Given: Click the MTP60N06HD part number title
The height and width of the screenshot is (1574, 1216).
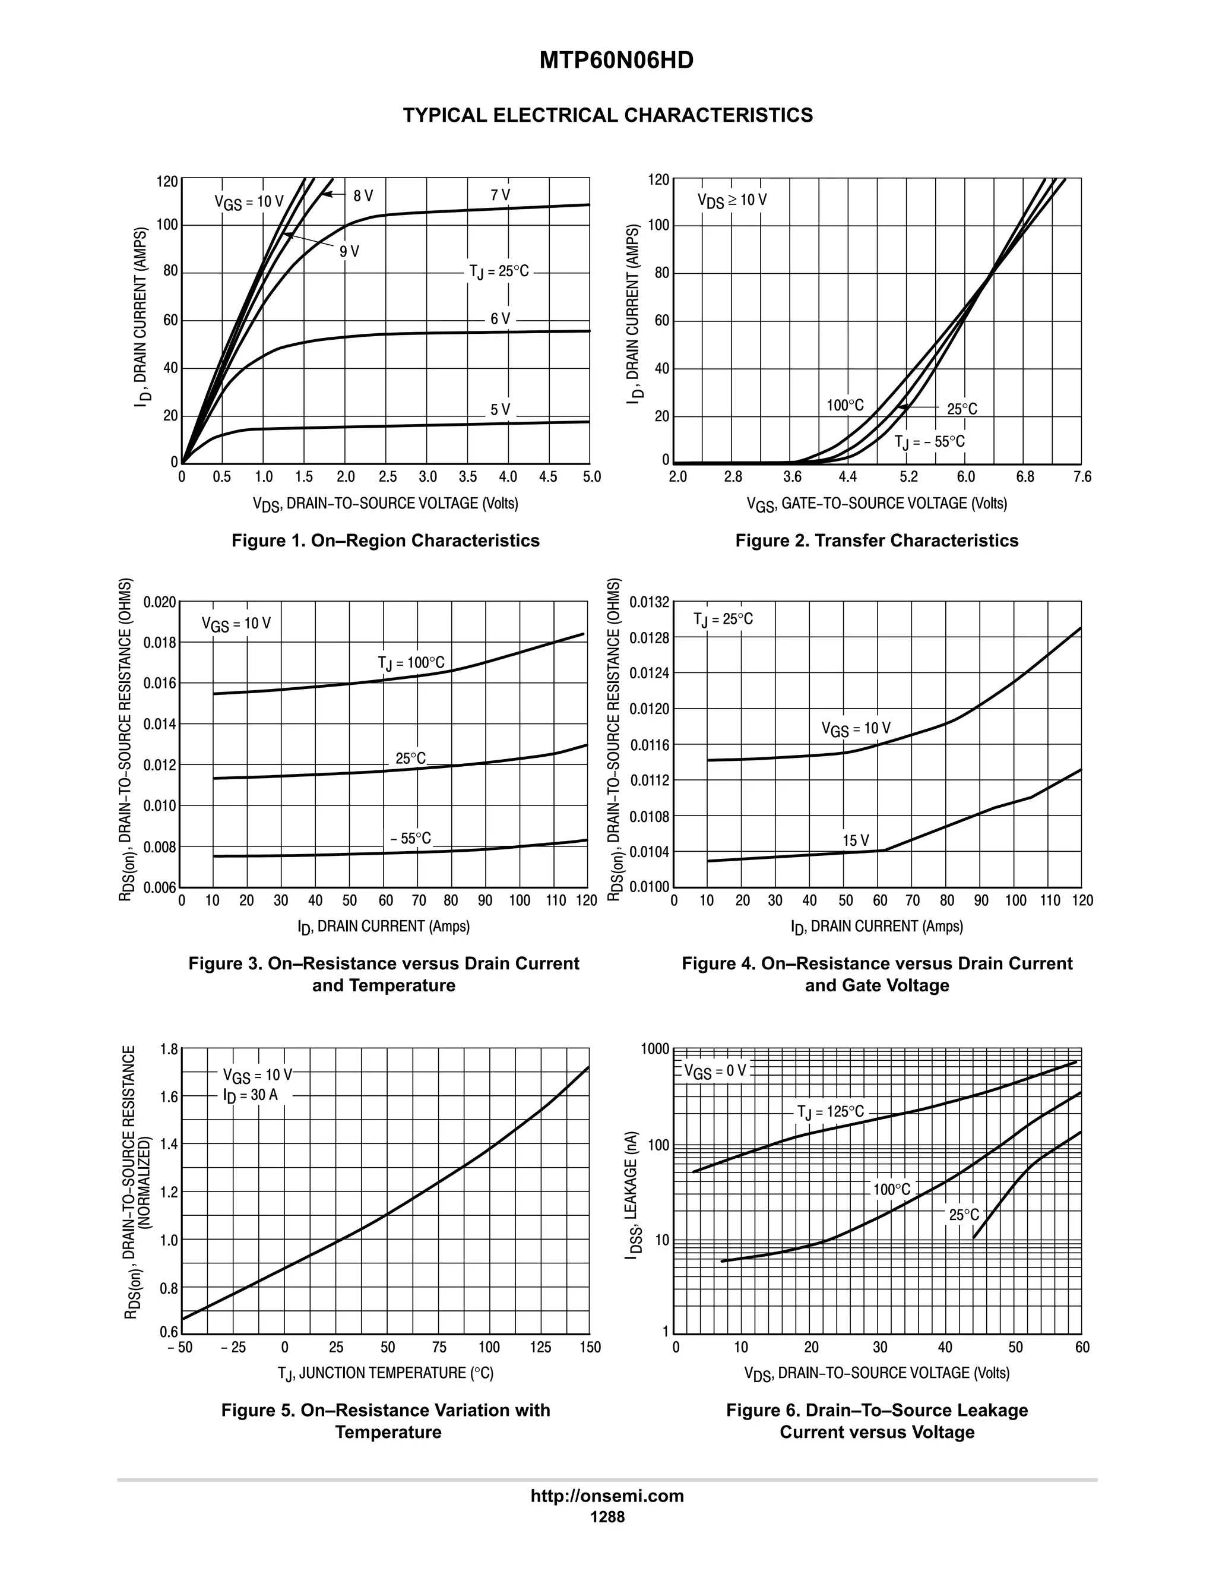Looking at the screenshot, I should click(616, 61).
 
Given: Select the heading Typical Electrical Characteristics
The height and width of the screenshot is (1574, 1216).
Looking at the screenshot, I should click(607, 115).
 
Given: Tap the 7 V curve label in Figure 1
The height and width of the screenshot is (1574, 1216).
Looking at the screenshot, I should click(500, 195).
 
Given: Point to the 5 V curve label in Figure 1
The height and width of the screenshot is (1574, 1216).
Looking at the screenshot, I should click(500, 410).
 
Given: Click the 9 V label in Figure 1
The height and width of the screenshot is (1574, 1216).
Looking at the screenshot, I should click(349, 251).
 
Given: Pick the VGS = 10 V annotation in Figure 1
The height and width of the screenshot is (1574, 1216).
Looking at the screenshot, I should click(249, 202).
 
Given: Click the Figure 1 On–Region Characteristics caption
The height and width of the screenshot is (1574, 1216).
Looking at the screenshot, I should click(385, 541).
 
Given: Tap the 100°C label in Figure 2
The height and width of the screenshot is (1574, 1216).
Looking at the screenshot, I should click(845, 406).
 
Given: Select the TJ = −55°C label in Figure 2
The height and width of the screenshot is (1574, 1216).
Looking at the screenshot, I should click(929, 442).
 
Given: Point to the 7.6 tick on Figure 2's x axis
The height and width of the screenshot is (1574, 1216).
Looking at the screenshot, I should click(1082, 477).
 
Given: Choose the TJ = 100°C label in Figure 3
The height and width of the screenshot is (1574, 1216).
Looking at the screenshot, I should click(411, 663).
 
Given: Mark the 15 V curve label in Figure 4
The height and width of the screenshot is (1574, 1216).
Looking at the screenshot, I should click(856, 840).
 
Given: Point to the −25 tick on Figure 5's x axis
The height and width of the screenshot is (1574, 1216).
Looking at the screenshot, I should click(232, 1348).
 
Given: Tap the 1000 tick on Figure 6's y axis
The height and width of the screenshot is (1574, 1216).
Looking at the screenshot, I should click(655, 1050).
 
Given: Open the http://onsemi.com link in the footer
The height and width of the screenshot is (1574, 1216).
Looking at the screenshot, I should click(607, 1496).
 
